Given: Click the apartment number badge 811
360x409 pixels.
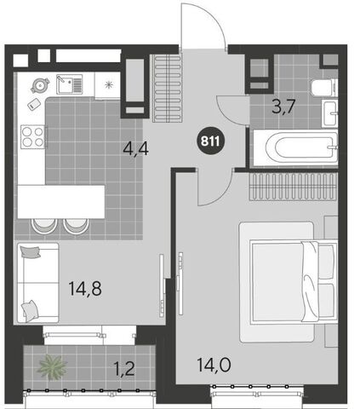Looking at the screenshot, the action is [210, 141].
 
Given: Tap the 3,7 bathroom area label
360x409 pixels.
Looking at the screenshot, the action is [283, 107].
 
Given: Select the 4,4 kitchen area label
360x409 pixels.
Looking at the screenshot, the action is [135, 148].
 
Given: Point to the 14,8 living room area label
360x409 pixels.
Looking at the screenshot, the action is [85, 288].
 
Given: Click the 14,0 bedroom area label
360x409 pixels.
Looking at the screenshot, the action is [214, 365].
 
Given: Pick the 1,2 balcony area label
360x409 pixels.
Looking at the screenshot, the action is [124, 369].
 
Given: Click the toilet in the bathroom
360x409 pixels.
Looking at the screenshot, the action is [324, 88].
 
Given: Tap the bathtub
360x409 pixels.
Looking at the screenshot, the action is [295, 147].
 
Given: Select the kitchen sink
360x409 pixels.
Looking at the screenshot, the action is [69, 84].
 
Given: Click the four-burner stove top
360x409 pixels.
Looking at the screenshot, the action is [33, 136].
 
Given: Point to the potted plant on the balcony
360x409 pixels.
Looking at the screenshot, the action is [52, 367].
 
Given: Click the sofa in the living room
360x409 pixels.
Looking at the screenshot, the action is [38, 283].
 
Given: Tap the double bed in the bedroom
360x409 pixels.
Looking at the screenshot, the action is [294, 281].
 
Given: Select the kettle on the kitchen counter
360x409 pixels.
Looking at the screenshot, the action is [40, 85].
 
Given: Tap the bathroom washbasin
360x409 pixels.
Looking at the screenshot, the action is [330, 113].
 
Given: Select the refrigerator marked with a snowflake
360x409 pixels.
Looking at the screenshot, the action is [107, 85].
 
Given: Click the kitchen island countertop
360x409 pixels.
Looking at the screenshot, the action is [61, 202].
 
